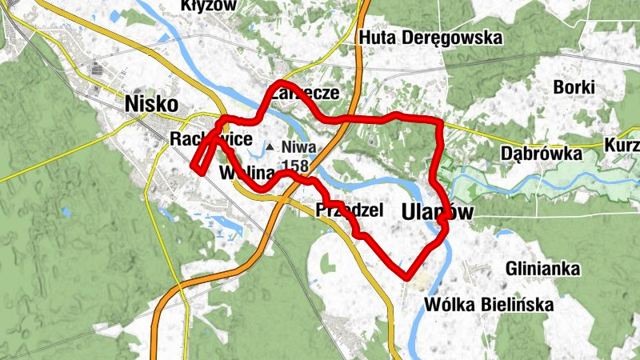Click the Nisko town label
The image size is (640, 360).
click(x=150, y=103)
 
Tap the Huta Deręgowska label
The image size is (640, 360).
click(x=431, y=38)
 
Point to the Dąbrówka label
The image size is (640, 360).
click(x=540, y=152)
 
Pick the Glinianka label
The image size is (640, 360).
click(x=542, y=268)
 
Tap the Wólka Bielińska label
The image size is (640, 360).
click(x=490, y=304)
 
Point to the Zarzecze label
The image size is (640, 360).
click(x=305, y=93)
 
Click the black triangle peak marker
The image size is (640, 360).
click(x=270, y=147)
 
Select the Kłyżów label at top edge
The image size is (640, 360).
click(x=210, y=6)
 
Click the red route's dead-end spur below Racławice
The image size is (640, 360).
click(x=194, y=166)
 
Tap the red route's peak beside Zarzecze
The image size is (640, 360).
click(x=280, y=84)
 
